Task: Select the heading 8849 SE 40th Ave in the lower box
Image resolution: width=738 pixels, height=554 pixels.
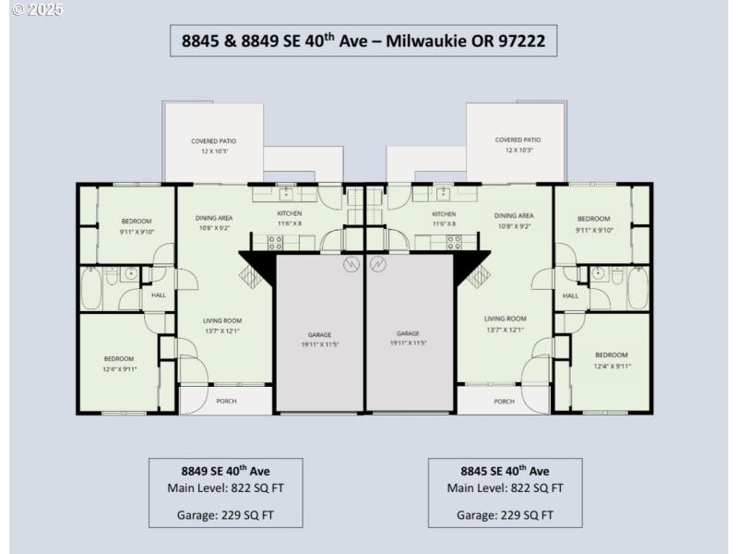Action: coord(225,470)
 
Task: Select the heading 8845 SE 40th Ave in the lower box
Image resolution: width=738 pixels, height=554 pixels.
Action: coord(505,470)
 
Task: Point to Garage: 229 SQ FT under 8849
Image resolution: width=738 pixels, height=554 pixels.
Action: coord(225,515)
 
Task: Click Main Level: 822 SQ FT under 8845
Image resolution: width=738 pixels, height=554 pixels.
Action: coord(505,488)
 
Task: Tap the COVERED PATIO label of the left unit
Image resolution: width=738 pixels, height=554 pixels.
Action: coord(214,141)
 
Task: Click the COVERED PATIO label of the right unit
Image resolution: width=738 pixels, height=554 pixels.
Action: coord(518,140)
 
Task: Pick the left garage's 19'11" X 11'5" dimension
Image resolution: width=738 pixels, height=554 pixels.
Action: coord(320,343)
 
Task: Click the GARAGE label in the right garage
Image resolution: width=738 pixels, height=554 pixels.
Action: coord(408,333)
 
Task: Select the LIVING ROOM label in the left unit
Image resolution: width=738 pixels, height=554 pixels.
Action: coord(222,320)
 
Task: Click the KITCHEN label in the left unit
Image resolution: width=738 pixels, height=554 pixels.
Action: coord(290,214)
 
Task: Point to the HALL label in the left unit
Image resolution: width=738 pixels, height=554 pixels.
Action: coord(159,295)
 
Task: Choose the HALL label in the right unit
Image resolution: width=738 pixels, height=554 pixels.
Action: coord(570,295)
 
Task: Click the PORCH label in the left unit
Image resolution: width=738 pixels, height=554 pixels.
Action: coord(226,401)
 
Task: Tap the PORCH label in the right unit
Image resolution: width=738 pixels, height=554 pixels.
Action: coord(504,401)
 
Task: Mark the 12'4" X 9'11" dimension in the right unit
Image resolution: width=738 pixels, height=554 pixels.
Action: coord(612,366)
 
